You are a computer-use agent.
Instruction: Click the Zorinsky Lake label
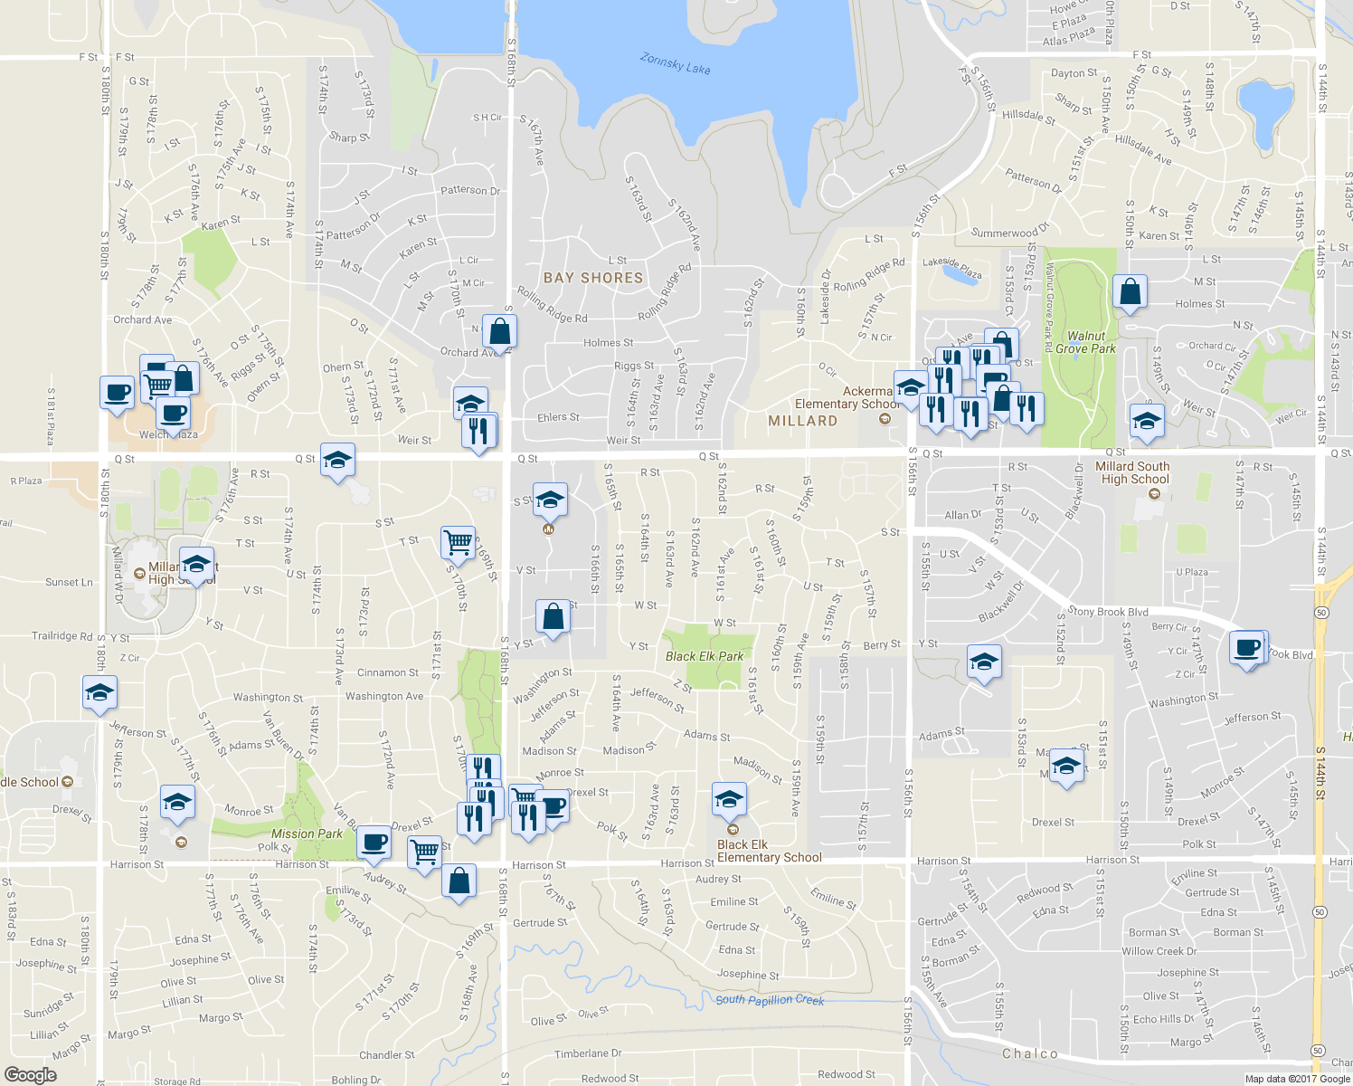tap(675, 63)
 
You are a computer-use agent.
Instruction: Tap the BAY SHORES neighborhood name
tap(593, 278)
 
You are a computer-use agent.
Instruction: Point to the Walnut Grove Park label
tap(1085, 342)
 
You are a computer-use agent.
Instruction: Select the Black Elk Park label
tap(705, 656)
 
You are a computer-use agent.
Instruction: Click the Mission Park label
tap(307, 834)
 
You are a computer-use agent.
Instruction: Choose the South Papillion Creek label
tap(770, 999)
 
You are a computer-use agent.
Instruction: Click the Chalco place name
tap(1030, 1053)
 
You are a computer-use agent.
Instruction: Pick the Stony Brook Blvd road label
tap(1108, 611)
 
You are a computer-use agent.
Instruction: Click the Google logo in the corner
tap(30, 1074)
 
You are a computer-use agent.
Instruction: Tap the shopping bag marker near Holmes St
tap(1130, 292)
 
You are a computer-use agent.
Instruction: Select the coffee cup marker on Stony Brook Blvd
tap(1247, 648)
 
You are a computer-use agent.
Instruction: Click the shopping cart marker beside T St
tap(459, 542)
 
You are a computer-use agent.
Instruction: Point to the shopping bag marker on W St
tap(553, 617)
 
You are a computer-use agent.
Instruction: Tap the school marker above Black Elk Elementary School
tap(729, 800)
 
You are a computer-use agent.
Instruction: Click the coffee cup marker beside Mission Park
tap(374, 843)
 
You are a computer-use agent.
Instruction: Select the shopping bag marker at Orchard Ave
tap(499, 332)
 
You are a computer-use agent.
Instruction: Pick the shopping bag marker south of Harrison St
tap(459, 880)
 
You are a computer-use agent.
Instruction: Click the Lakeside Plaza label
tap(952, 267)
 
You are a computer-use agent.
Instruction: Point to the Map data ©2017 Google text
tap(1297, 1078)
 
